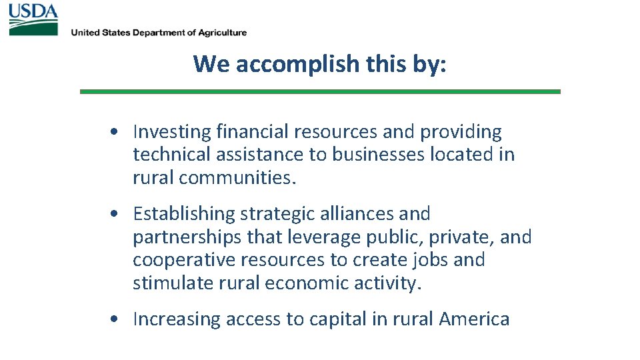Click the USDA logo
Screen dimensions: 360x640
pyautogui.click(x=33, y=19)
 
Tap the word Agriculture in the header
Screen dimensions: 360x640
pyautogui.click(x=221, y=33)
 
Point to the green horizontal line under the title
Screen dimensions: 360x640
pyautogui.click(x=320, y=91)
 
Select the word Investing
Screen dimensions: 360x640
pyautogui.click(x=167, y=133)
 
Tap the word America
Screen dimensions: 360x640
pyautogui.click(x=474, y=319)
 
